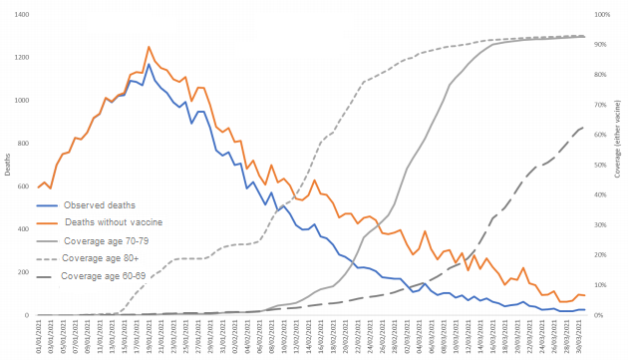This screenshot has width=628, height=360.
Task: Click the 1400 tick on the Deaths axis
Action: [22, 15]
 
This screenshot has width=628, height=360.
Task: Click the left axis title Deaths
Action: [7, 165]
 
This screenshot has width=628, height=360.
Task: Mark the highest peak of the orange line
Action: [149, 47]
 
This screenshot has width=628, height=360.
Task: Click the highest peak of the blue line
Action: [149, 65]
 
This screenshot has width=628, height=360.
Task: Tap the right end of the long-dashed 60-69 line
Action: [584, 127]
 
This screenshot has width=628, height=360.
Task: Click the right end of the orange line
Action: [585, 296]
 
